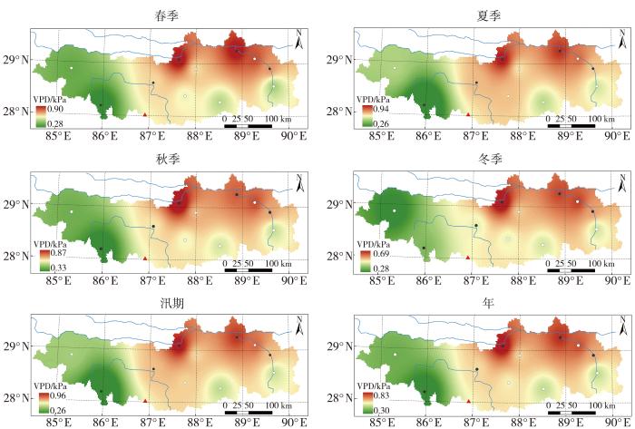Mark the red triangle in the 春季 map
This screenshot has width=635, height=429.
(x=145, y=114)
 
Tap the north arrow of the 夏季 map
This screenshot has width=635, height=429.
(x=622, y=38)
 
